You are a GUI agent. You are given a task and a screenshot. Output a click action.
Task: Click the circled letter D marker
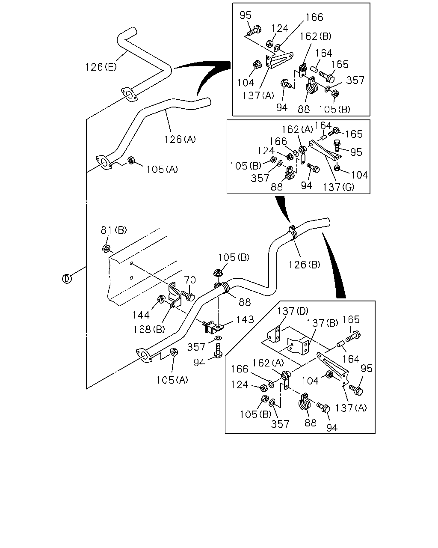tap(67, 279)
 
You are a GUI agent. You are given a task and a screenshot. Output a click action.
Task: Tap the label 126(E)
tap(101, 67)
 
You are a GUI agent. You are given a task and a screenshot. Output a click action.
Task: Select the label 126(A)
tap(180, 139)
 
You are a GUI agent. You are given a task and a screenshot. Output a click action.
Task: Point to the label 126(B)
tap(304, 265)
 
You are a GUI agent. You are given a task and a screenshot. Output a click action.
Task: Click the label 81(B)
tap(114, 230)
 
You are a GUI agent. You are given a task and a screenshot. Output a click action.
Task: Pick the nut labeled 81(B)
tap(106, 248)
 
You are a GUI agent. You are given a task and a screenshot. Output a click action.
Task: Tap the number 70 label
tap(190, 280)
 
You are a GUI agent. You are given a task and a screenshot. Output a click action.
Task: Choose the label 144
tap(141, 315)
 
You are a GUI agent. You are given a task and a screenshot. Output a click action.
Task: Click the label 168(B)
tap(149, 330)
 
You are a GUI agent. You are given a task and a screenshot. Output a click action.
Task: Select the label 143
tap(245, 319)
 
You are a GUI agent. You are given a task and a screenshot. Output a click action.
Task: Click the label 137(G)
tap(338, 188)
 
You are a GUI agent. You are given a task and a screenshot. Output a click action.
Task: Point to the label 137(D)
tap(293, 311)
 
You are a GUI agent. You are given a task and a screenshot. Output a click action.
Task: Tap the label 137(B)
tap(322, 323)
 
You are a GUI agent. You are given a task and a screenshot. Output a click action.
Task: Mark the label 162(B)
tap(315, 36)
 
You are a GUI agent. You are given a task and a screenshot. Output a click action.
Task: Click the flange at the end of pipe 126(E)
tap(129, 95)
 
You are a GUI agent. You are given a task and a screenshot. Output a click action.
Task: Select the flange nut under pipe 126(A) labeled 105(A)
tap(131, 160)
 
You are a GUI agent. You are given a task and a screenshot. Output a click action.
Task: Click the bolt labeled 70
tap(188, 295)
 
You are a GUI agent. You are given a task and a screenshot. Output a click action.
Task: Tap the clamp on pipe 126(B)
tap(293, 232)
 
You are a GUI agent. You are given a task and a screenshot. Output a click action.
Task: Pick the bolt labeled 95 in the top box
tap(254, 30)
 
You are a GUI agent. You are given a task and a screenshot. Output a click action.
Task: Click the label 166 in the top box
tap(314, 17)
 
